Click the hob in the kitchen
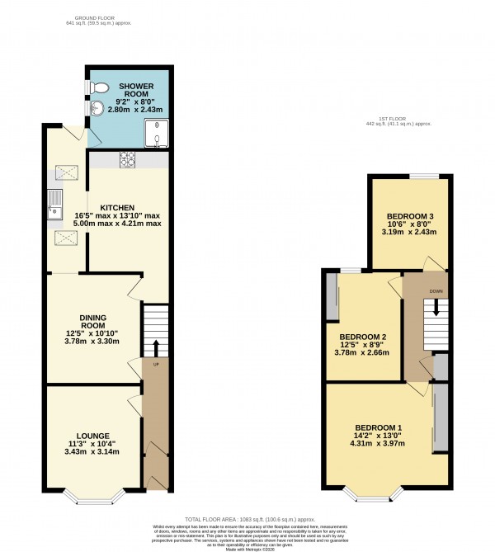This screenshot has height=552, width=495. (129, 159)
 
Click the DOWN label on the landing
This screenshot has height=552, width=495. (436, 291)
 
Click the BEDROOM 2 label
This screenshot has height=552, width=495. (363, 337)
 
